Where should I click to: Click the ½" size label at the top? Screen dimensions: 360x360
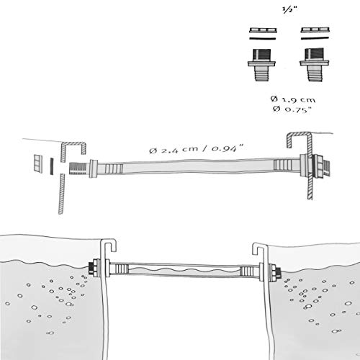[x=289, y=10]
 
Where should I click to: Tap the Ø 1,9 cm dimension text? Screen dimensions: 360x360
[x=293, y=99]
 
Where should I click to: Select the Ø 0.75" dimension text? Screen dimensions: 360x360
[x=292, y=109]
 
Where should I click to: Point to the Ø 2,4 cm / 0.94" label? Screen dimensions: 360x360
[x=197, y=148]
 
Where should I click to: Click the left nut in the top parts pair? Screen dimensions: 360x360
[x=263, y=30]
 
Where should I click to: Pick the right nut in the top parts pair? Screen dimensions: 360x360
[x=315, y=30]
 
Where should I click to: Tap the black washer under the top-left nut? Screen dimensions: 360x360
[x=263, y=38]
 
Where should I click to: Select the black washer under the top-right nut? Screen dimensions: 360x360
[x=315, y=38]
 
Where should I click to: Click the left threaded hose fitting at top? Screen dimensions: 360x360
[x=261, y=65]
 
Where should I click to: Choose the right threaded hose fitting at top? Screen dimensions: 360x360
[x=314, y=65]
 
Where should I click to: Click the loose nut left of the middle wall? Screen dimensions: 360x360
[x=38, y=163]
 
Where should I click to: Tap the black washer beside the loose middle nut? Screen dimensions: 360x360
[x=51, y=166]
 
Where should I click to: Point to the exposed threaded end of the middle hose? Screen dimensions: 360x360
[x=79, y=168]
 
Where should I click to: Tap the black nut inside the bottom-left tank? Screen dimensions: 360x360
[x=91, y=269]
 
